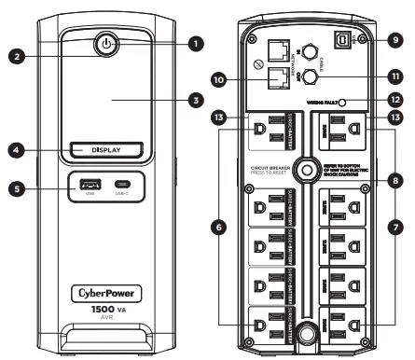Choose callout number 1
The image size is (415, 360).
pos(195,42)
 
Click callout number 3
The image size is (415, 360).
pos(195,98)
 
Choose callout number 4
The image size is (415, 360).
pos(15,148)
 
